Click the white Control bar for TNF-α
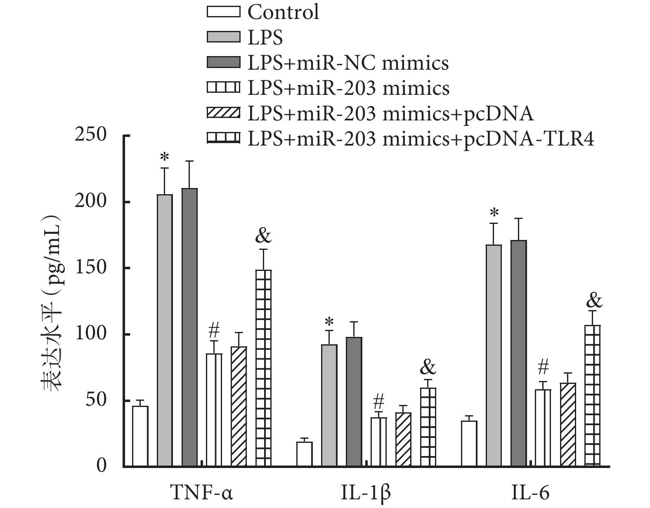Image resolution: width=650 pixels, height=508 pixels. tap(140, 436)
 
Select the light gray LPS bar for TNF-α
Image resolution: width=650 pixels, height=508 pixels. tap(165, 330)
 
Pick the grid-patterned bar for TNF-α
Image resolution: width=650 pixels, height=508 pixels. tap(264, 368)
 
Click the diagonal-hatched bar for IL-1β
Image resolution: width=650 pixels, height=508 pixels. tap(403, 439)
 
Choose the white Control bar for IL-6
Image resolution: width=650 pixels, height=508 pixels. tap(469, 444)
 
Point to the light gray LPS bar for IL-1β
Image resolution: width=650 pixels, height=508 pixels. tap(329, 405)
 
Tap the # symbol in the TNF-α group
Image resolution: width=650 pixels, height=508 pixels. tap(214, 330)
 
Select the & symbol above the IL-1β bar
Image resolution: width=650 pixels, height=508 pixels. tap(428, 367)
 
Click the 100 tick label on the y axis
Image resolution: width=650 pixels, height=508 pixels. tap(90, 334)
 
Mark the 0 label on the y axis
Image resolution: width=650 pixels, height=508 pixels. tap(101, 466)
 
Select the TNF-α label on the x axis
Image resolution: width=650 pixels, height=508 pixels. tap(201, 493)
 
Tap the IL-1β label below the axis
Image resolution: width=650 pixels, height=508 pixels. tap(366, 493)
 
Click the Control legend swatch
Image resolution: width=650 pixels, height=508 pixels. tap(223, 12)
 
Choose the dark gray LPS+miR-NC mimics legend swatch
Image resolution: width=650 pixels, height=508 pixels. tap(223, 63)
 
